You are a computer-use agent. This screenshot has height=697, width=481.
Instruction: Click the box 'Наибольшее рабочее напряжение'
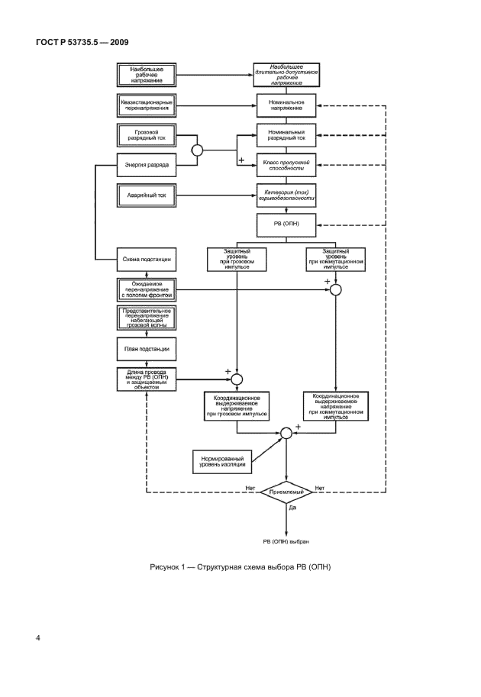pyautogui.click(x=147, y=75)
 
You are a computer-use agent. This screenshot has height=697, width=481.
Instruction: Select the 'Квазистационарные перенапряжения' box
pyautogui.click(x=147, y=104)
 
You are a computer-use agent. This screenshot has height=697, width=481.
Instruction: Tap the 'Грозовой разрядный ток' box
pyautogui.click(x=147, y=136)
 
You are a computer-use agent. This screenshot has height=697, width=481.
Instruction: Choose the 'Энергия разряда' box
pyautogui.click(x=147, y=165)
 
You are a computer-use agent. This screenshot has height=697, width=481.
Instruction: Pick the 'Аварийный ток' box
pyautogui.click(x=147, y=196)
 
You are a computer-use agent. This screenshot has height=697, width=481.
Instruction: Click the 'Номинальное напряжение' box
pyautogui.click(x=286, y=105)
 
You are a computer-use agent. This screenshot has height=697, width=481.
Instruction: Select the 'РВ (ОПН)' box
pyautogui.click(x=286, y=225)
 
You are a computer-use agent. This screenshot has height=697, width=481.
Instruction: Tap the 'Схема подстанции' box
pyautogui.click(x=147, y=260)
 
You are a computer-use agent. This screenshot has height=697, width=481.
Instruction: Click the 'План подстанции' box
pyautogui.click(x=147, y=348)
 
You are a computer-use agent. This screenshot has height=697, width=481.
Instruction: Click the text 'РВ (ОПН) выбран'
pyautogui.click(x=286, y=540)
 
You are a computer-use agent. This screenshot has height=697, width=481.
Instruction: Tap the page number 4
pyautogui.click(x=37, y=635)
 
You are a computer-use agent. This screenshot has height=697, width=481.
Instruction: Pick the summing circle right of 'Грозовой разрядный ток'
pyautogui.click(x=196, y=150)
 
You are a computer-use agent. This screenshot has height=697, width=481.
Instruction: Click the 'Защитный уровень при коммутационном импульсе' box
pyautogui.click(x=334, y=260)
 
